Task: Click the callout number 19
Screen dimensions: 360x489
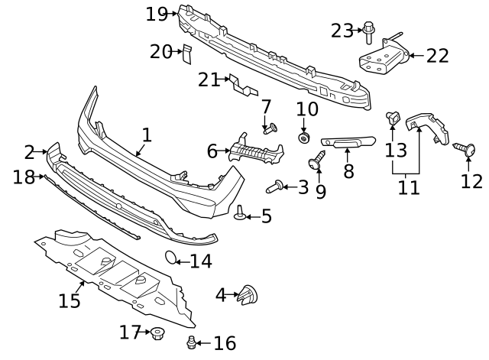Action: pyautogui.click(x=156, y=13)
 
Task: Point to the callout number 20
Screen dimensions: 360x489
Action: pyautogui.click(x=160, y=51)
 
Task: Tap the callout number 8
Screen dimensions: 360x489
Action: pyautogui.click(x=348, y=170)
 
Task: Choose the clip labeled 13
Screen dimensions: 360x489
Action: pyautogui.click(x=393, y=118)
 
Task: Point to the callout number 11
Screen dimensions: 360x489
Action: pyautogui.click(x=409, y=187)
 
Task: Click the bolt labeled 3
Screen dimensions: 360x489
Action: pyautogui.click(x=274, y=185)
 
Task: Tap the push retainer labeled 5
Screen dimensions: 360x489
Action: pyautogui.click(x=240, y=213)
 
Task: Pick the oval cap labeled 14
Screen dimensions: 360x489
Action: pyautogui.click(x=172, y=258)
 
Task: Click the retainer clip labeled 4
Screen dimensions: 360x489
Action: pyautogui.click(x=249, y=294)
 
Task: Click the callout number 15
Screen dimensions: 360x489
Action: pyautogui.click(x=70, y=300)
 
